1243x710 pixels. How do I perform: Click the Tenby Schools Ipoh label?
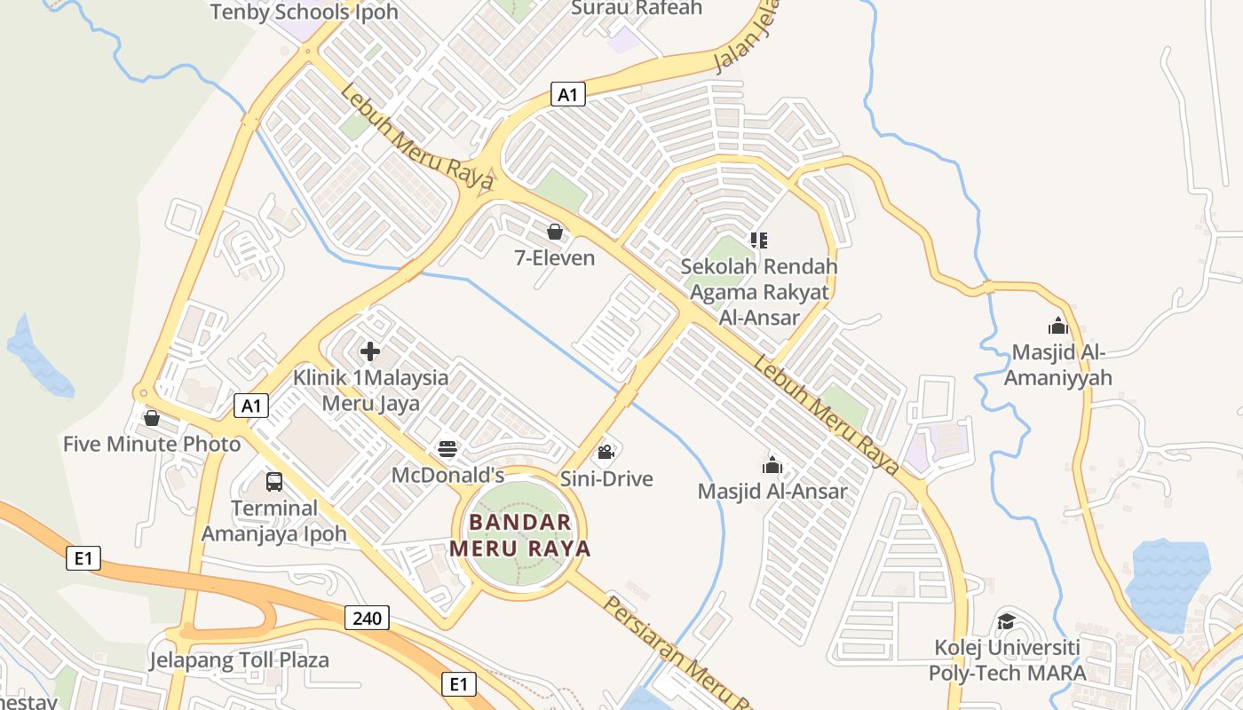[x=304, y=12]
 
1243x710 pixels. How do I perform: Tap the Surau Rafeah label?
[x=637, y=8]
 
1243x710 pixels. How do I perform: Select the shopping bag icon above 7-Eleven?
[x=555, y=233]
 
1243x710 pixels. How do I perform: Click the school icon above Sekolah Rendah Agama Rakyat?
[x=758, y=240]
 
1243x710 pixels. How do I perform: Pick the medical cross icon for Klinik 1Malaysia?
[x=370, y=351]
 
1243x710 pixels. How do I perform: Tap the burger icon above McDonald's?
[x=447, y=450]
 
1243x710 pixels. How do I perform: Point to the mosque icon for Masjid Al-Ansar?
[x=772, y=465]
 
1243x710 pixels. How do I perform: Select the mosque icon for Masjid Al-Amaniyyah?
[x=1057, y=326]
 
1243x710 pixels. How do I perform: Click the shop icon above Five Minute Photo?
[x=152, y=418]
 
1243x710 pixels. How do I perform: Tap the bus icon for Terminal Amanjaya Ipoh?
[x=274, y=482]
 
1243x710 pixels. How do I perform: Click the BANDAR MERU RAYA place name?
[x=519, y=535]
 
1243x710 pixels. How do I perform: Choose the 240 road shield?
[x=367, y=617]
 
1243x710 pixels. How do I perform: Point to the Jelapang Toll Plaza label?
[x=239, y=660]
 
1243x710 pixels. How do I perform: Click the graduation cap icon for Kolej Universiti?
[x=1006, y=621]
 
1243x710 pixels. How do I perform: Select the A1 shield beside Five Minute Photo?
[x=251, y=406]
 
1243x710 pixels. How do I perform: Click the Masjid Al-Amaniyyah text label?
[x=1062, y=365]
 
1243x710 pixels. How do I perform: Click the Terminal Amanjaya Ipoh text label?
[x=274, y=521]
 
